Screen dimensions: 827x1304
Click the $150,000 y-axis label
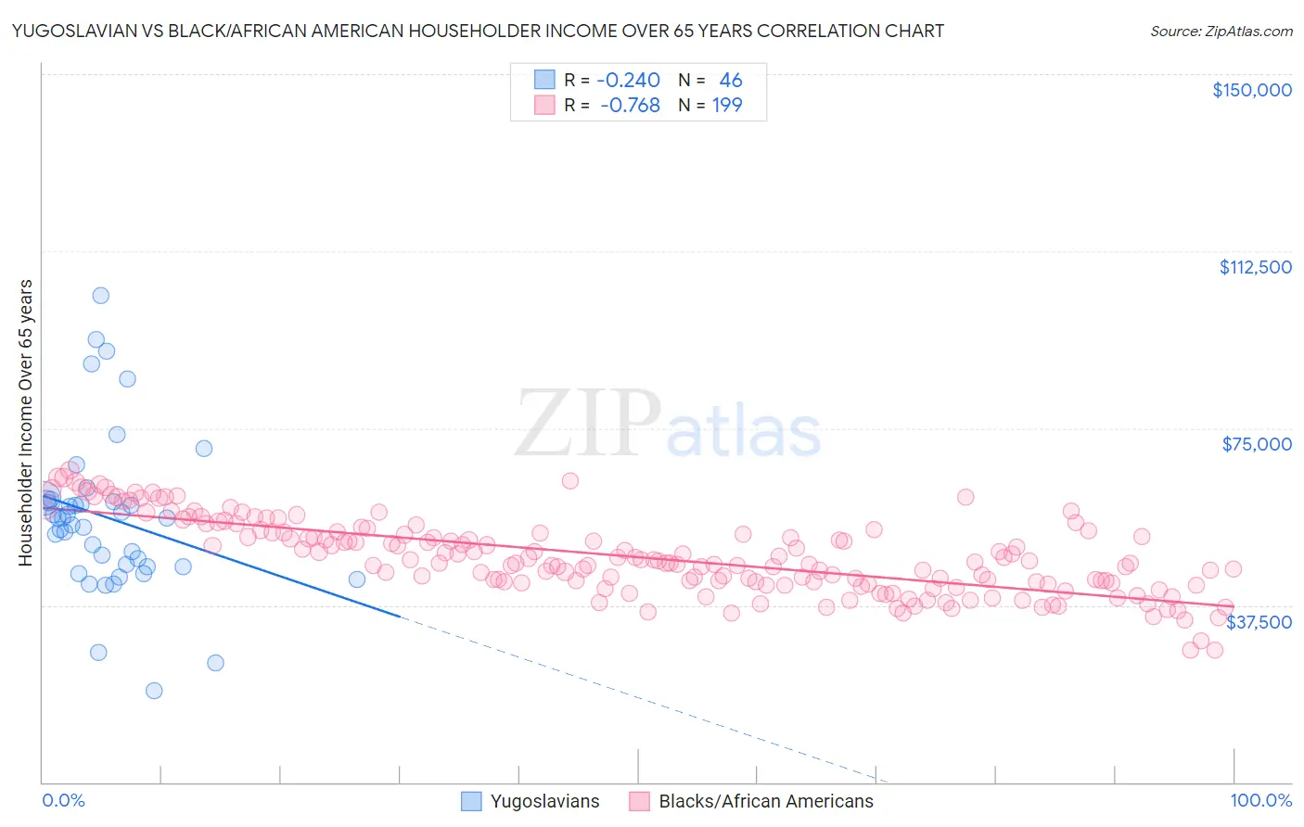tap(1251, 90)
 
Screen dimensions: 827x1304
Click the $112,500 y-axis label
tap(1255, 267)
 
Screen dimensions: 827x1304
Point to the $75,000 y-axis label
tap(1256, 444)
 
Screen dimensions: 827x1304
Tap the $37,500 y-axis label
tap(1258, 622)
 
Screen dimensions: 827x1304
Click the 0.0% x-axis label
tap(63, 801)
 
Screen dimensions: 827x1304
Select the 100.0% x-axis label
tap(1260, 801)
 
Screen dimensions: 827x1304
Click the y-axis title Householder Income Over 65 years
tap(25, 422)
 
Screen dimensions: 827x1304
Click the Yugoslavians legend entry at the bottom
tap(531, 802)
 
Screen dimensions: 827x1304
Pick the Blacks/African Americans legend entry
tap(751, 802)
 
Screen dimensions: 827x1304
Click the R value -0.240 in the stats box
tap(628, 81)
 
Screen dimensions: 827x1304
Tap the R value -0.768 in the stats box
tap(630, 106)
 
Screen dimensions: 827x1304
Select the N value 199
tap(727, 106)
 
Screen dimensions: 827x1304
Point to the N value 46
tap(731, 81)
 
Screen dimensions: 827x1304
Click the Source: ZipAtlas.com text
tap(1221, 31)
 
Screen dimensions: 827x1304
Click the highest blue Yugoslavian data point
tap(100, 296)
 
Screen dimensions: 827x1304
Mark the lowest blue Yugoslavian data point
tap(154, 691)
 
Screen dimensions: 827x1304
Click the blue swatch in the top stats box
tap(543, 81)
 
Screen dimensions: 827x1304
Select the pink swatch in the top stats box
tap(543, 106)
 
